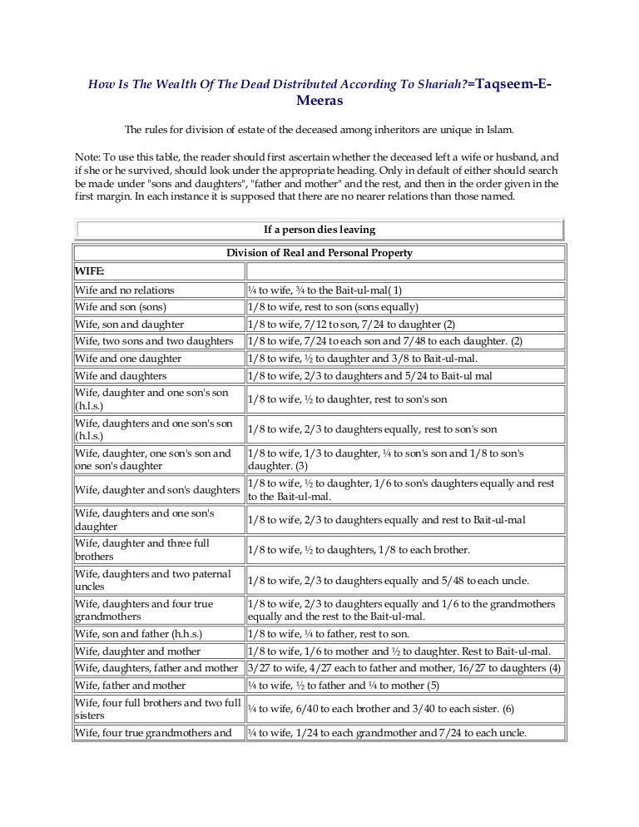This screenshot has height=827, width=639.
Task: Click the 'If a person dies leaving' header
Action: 319,230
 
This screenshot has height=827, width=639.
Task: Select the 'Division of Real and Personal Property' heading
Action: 319,253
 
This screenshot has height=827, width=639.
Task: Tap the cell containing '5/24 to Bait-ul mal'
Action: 370,376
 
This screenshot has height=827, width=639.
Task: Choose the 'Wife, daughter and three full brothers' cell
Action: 142,550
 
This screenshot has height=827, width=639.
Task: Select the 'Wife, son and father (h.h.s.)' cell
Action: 138,634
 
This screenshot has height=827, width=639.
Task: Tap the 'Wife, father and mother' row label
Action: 131,686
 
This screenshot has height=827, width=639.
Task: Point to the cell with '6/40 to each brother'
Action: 381,708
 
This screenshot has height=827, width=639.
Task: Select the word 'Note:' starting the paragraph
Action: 87,156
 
